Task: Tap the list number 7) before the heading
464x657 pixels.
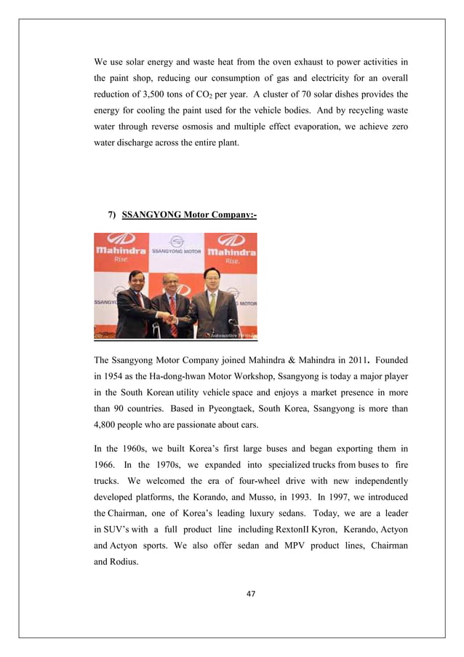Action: click(x=112, y=215)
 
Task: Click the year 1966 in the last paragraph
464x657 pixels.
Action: click(x=107, y=466)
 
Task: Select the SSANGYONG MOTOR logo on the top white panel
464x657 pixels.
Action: click(x=176, y=247)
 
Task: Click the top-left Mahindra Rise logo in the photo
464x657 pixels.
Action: click(x=121, y=249)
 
